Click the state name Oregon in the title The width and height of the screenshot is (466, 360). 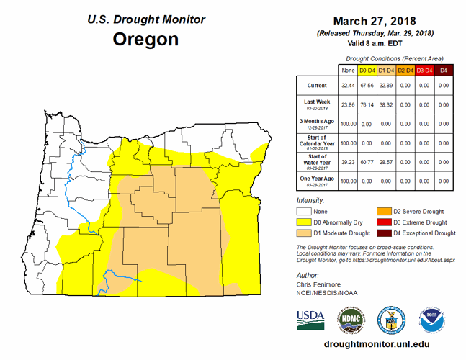coord(145,39)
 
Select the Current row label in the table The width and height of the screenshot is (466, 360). coord(317,85)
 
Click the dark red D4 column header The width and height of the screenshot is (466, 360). coord(444,70)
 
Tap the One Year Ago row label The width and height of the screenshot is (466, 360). coord(317,180)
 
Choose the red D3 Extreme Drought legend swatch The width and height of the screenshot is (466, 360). coord(383,222)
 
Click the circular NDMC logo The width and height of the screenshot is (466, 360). coord(351,318)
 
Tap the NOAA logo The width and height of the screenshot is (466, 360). coord(432,318)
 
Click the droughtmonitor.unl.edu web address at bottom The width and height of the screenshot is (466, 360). coord(372,346)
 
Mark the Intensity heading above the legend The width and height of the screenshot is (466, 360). coord(310,199)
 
